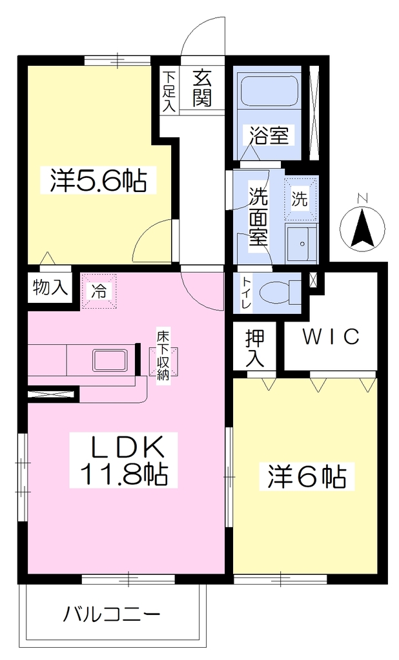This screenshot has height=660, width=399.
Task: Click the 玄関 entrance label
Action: coord(202,88)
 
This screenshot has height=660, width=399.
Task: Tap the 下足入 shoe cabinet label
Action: coord(169,92)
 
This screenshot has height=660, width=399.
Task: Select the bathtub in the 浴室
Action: coord(269,90)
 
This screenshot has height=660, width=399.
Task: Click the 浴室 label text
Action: coord(269,135)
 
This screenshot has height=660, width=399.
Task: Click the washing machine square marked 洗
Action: coord(300,199)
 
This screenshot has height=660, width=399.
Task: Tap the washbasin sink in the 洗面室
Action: coord(301,243)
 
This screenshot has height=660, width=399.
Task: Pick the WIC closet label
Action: coord(331,336)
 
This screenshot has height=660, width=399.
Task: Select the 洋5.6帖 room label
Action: coord(98,180)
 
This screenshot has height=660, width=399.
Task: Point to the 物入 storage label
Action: coord(50,287)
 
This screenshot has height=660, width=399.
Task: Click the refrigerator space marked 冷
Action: coord(99,291)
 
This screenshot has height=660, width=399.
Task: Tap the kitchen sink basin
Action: coord(110,360)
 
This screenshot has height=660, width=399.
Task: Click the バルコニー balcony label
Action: coord(112,615)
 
